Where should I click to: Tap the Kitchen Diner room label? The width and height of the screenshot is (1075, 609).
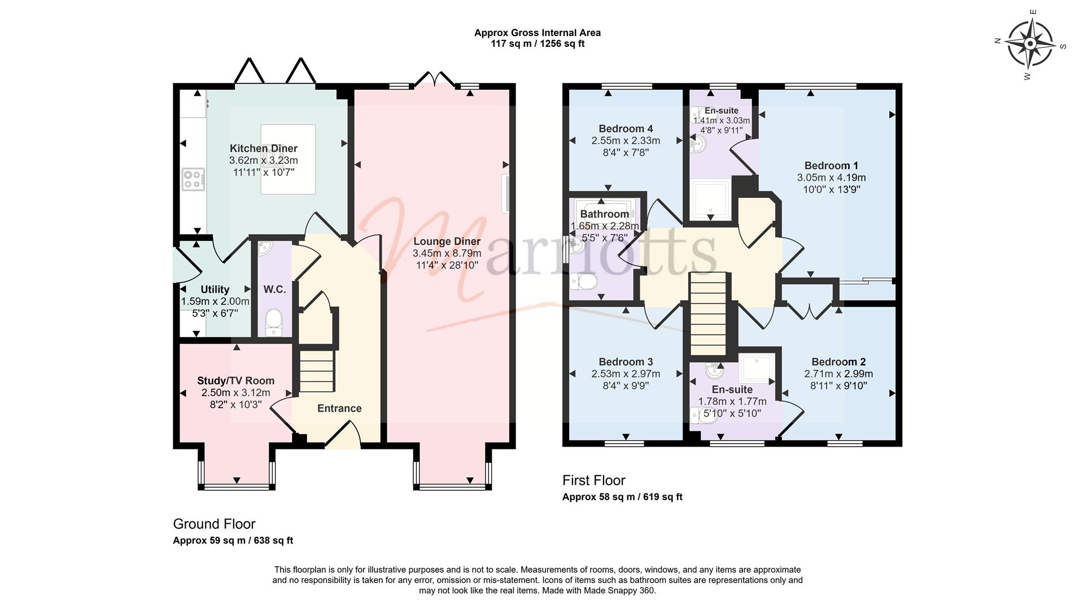264,148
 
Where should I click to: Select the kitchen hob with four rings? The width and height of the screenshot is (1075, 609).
193,179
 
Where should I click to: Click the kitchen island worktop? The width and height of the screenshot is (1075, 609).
288,160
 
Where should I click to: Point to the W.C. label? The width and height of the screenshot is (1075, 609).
274,289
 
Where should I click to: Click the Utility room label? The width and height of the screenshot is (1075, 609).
215,289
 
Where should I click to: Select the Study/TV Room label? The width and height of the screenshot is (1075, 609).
236,381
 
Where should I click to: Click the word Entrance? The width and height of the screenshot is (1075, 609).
339,408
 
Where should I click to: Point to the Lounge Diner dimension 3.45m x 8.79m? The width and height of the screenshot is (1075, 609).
447,253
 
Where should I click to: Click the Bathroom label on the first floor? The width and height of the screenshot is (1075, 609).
605,214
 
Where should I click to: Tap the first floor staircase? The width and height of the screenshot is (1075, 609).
708,314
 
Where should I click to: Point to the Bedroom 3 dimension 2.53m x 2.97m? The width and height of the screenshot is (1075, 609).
626,374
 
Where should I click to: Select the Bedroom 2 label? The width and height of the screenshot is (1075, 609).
839,361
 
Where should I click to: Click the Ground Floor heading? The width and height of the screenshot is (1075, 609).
215,524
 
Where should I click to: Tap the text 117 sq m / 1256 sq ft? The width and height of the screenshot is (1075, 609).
537,43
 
